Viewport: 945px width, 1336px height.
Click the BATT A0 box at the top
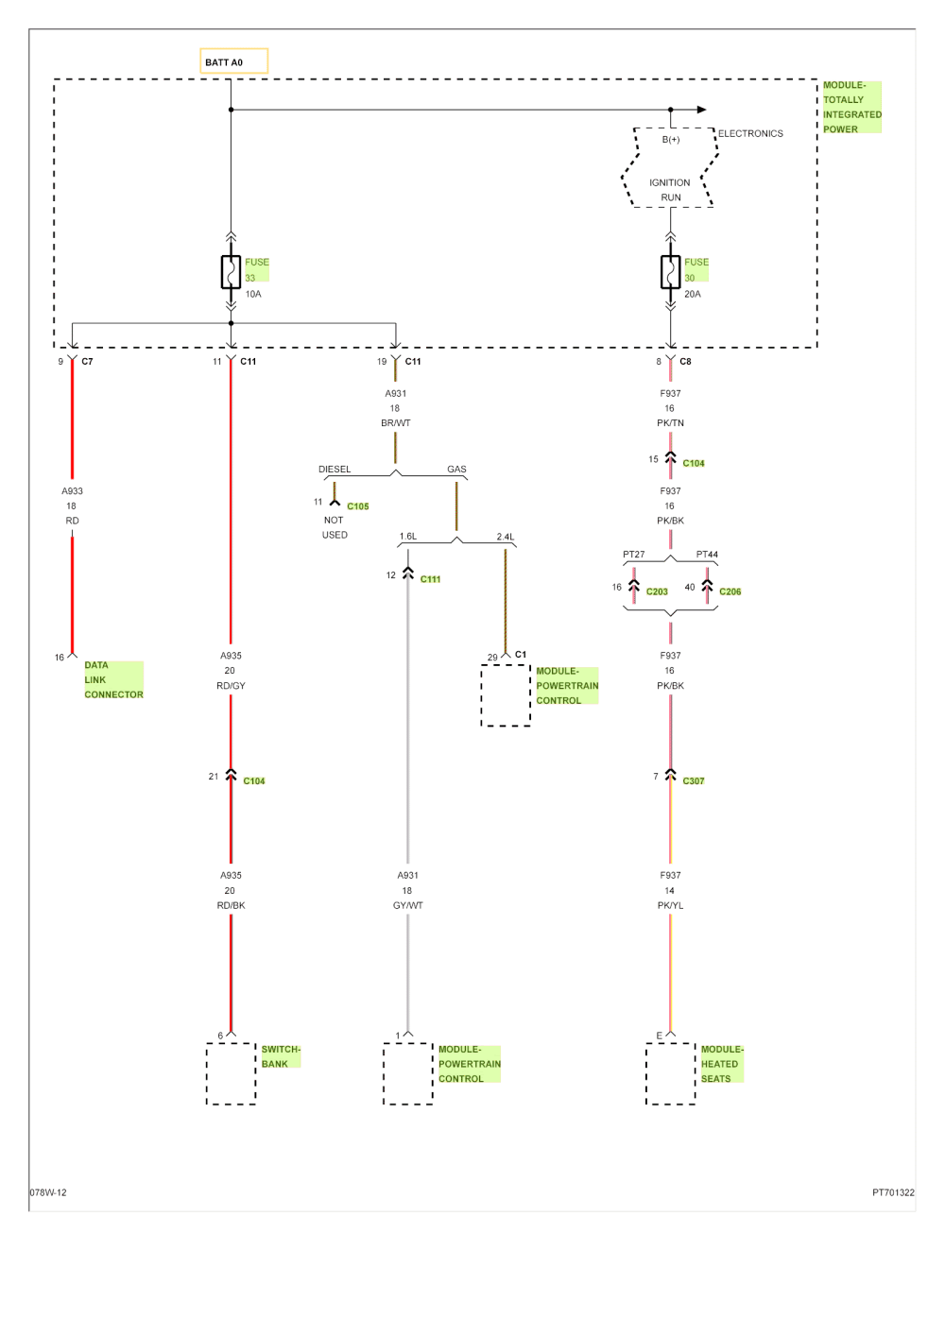pyautogui.click(x=234, y=61)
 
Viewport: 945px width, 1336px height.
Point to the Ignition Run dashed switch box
pyautogui.click(x=670, y=168)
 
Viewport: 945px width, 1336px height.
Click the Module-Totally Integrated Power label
pyautogui.click(x=851, y=107)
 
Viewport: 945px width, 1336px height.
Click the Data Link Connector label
pyautogui.click(x=113, y=680)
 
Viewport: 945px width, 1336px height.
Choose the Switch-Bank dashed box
pyautogui.click(x=231, y=1074)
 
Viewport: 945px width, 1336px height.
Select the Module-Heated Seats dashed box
pyautogui.click(x=670, y=1074)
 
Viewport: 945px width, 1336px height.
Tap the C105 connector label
pyautogui.click(x=358, y=506)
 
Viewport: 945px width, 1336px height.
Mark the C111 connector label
pyautogui.click(x=430, y=579)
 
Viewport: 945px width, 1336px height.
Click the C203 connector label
pyautogui.click(x=657, y=591)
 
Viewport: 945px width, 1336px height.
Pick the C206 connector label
pyautogui.click(x=730, y=591)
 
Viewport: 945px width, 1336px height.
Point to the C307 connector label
pyautogui.click(x=693, y=781)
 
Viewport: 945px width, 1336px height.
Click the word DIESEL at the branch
pyautogui.click(x=335, y=470)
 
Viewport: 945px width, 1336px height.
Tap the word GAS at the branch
pyautogui.click(x=456, y=470)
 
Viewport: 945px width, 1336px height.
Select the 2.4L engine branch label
pyautogui.click(x=505, y=538)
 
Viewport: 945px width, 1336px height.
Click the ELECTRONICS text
pyautogui.click(x=750, y=134)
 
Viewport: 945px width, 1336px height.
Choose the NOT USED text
pyautogui.click(x=335, y=527)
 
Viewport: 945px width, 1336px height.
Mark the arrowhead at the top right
pyautogui.click(x=701, y=110)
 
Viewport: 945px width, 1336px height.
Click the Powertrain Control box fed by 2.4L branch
pyautogui.click(x=506, y=695)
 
